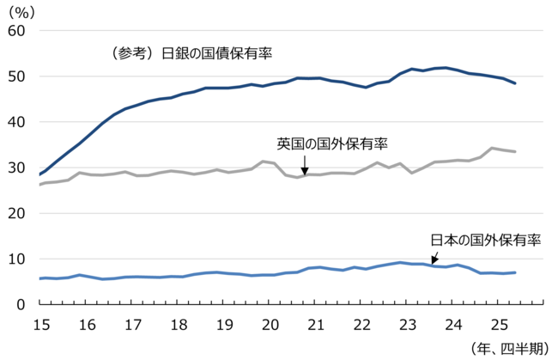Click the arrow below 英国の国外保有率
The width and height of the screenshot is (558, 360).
[305, 166]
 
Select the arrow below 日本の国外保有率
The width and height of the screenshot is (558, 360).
[435, 256]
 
